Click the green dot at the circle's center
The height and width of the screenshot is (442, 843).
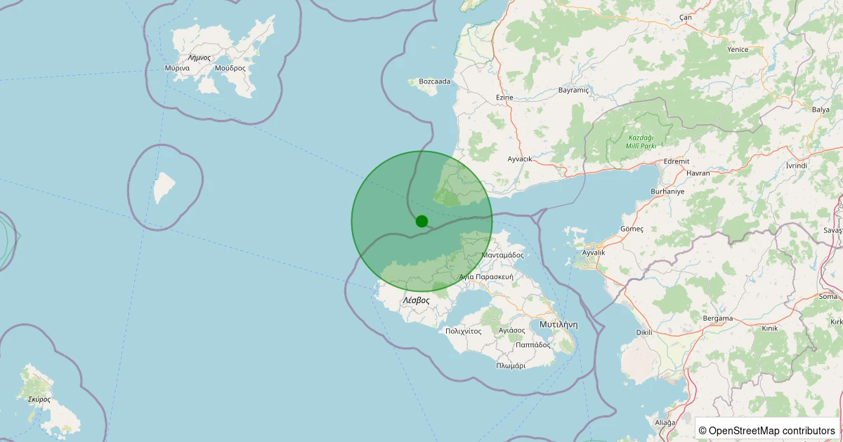(x=421, y=221)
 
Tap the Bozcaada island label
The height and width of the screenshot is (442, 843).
(x=434, y=81)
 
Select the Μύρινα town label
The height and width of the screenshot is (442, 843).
(x=177, y=68)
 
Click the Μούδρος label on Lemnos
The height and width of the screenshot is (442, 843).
(x=230, y=68)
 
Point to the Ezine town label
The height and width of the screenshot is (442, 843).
(x=504, y=97)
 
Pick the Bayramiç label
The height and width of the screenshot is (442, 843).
(x=573, y=91)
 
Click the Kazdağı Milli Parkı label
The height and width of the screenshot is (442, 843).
(x=641, y=141)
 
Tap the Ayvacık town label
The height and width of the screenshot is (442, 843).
(x=520, y=159)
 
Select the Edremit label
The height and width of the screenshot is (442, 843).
(x=677, y=161)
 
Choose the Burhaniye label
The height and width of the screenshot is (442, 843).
(x=667, y=191)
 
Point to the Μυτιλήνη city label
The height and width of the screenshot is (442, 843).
(x=558, y=324)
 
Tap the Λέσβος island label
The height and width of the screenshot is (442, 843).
(x=416, y=300)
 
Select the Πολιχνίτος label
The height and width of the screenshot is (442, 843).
(x=463, y=330)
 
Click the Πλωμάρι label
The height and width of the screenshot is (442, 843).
(x=511, y=366)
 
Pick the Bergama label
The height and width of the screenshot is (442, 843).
(x=718, y=318)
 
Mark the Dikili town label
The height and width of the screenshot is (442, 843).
(x=644, y=333)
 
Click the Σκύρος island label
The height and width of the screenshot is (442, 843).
(x=39, y=399)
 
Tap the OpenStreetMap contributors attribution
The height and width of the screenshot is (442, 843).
(x=767, y=430)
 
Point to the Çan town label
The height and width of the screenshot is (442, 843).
(x=686, y=17)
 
